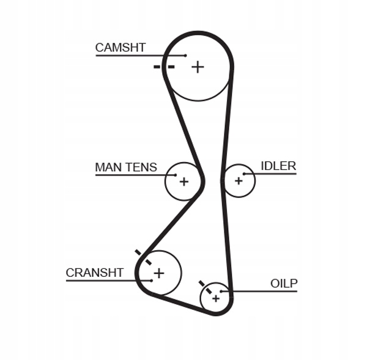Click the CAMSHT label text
[x=120, y=48]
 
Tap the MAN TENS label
[x=126, y=167]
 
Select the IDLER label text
[x=278, y=166]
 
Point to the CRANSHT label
[x=95, y=273]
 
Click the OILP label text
[x=284, y=284]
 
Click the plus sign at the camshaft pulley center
[x=198, y=67]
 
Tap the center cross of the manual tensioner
[x=184, y=182]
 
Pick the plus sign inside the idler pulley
[x=239, y=180]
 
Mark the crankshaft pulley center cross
[x=159, y=273]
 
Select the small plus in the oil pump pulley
[x=216, y=298]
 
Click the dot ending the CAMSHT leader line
[x=185, y=56]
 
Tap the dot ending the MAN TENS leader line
[x=175, y=175]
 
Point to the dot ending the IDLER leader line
[x=244, y=174]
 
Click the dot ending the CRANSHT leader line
[x=152, y=281]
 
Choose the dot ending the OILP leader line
[x=221, y=291]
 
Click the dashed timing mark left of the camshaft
[x=164, y=67]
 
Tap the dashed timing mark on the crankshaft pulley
[x=143, y=257]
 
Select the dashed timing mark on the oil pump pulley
[x=206, y=287]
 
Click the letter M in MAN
[x=100, y=167]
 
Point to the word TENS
[x=141, y=167]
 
